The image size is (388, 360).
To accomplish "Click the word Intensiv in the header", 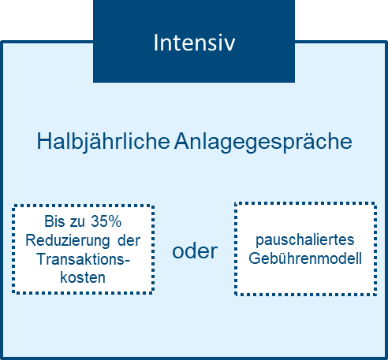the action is tap(194, 43).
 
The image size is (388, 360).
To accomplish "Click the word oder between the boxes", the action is tap(195, 251).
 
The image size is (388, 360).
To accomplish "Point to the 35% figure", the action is tap(106, 221).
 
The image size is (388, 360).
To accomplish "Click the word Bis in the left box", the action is tap(54, 221).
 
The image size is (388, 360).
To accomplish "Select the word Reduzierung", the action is tap(68, 240).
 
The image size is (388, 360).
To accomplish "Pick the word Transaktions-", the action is tap(84, 259).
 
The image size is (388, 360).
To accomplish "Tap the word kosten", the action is tap(83, 277).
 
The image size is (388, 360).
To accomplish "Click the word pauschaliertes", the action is tap(305, 240).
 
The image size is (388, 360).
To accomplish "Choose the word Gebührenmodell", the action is tap(305, 258).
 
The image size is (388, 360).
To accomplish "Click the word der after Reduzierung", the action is tap(129, 240).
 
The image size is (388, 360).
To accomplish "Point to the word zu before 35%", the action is tap(77, 222).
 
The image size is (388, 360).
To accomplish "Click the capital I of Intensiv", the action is tap(155, 43).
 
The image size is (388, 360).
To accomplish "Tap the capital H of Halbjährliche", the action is tap(44, 141).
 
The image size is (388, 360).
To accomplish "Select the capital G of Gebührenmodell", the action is tap(255, 258).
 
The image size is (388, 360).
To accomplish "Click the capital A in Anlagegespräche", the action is tap(182, 141).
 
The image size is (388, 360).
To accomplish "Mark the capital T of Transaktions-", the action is tap(42, 259).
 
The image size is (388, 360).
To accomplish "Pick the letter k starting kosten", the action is tap(63, 277).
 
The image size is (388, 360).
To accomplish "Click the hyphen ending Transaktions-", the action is tap(127, 261).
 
